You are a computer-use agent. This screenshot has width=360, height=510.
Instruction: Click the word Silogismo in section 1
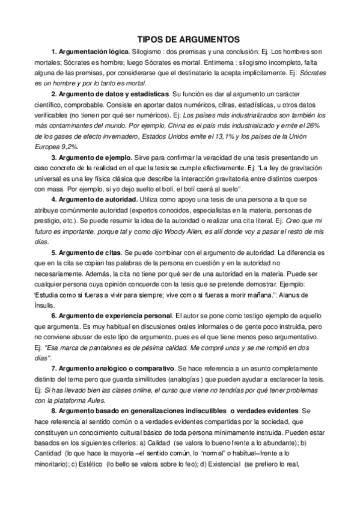(x=148, y=51)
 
